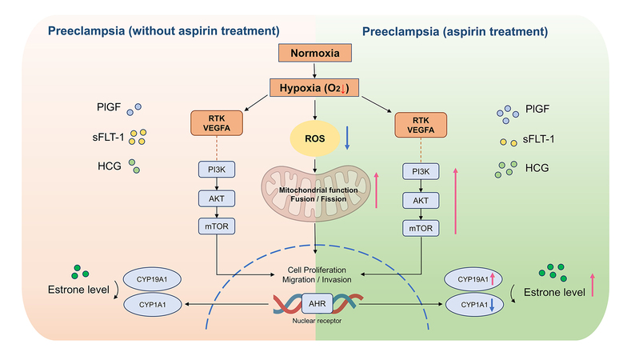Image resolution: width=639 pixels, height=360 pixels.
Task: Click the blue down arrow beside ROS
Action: point(347,138)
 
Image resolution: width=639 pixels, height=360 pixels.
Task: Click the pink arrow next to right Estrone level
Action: point(593,285)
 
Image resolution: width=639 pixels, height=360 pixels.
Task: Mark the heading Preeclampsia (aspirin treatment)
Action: point(455,32)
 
